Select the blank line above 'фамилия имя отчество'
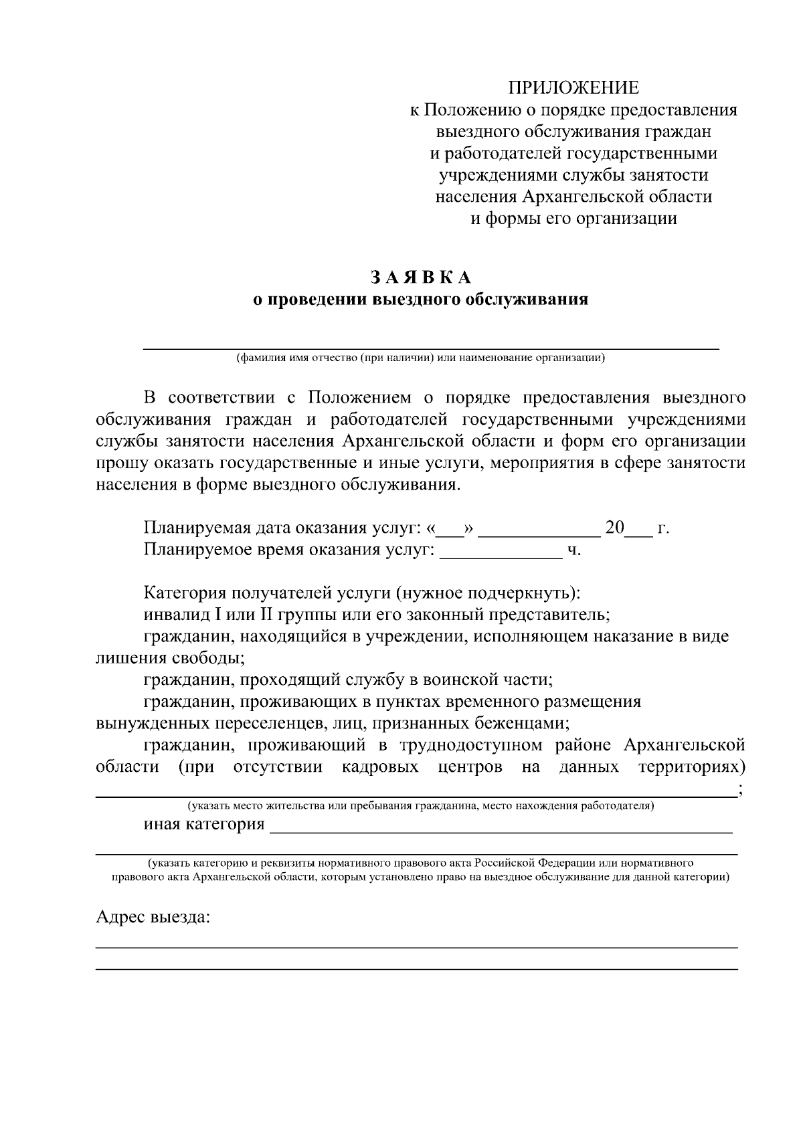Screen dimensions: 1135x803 coord(432,348)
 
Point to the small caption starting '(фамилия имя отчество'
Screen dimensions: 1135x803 coord(420,358)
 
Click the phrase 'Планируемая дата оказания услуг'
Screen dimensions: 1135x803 coord(280,528)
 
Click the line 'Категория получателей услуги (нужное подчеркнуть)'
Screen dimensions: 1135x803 coord(362,593)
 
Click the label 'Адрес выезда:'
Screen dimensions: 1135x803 coord(153,916)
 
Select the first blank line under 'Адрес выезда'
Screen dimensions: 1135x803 coord(416,947)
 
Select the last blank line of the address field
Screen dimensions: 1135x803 coord(416,968)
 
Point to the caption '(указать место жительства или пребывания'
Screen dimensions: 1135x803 coord(420,806)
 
